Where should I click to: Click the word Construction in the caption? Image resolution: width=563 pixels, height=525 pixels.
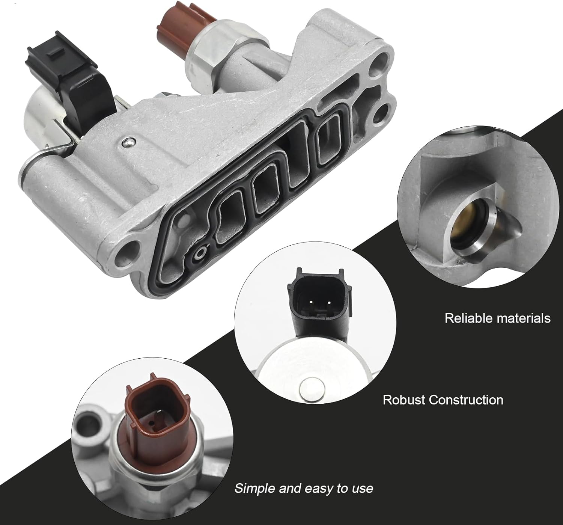(466, 400)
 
